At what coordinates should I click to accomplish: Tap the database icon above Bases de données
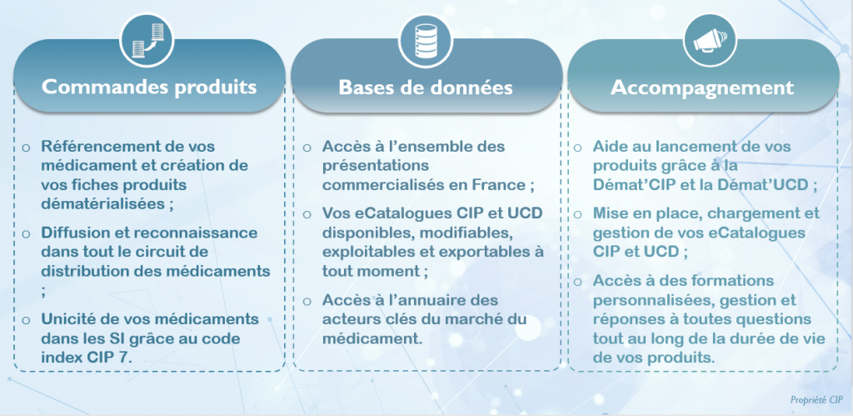pyautogui.click(x=426, y=40)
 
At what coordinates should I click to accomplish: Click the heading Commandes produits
pyautogui.click(x=149, y=88)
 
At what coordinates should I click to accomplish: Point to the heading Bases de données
pyautogui.click(x=426, y=88)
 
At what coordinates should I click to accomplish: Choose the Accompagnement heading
pyautogui.click(x=702, y=88)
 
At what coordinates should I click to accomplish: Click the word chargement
pyautogui.click(x=741, y=213)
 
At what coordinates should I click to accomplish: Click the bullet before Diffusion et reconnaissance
pyautogui.click(x=26, y=233)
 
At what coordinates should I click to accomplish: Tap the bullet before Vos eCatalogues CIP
pyautogui.click(x=307, y=214)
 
